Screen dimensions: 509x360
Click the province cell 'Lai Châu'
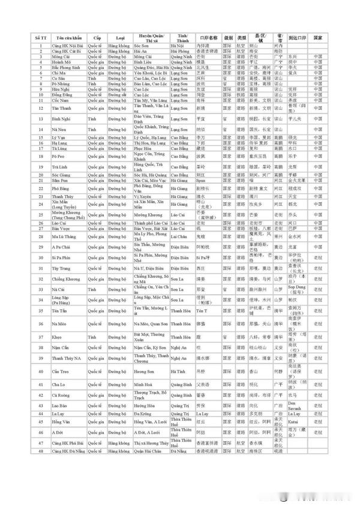pyautogui.click(x=179, y=236)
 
